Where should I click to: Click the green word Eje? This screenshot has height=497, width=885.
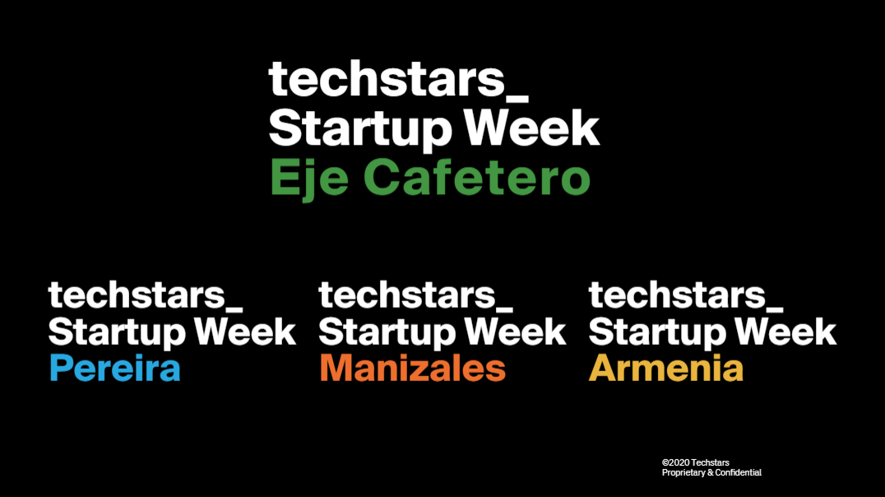click(x=308, y=179)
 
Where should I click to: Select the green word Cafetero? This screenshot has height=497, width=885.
click(x=480, y=177)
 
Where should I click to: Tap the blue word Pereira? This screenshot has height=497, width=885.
click(x=115, y=368)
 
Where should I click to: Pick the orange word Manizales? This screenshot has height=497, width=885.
click(x=413, y=368)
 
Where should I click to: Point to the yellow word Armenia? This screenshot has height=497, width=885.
click(x=666, y=368)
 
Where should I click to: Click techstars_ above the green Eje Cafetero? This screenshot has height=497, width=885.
click(x=398, y=80)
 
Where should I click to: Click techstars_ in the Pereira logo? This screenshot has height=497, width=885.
click(x=146, y=295)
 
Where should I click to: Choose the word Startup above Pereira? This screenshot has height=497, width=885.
click(x=117, y=332)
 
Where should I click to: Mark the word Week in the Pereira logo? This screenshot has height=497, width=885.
click(x=245, y=331)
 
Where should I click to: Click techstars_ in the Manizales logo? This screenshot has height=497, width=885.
click(x=416, y=295)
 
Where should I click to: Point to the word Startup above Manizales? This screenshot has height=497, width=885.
click(x=387, y=332)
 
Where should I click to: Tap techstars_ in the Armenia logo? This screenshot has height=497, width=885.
click(x=686, y=295)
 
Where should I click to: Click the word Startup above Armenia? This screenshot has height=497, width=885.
click(x=657, y=332)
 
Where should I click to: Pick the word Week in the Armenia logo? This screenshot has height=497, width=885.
click(x=785, y=331)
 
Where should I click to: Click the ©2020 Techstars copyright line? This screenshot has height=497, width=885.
click(x=695, y=462)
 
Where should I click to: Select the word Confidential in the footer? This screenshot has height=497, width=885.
click(x=739, y=472)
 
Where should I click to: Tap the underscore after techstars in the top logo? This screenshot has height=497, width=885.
click(x=517, y=100)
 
